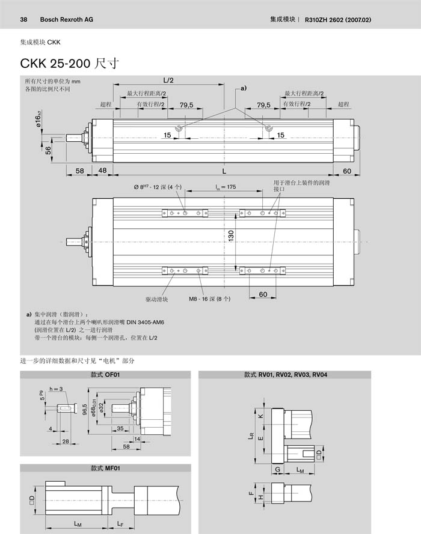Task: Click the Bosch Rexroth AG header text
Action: (66, 20)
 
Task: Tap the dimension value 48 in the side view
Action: (102, 171)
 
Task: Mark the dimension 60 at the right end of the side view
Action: (347, 171)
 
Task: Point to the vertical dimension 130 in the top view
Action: (230, 237)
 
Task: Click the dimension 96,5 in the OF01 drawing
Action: (84, 413)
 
